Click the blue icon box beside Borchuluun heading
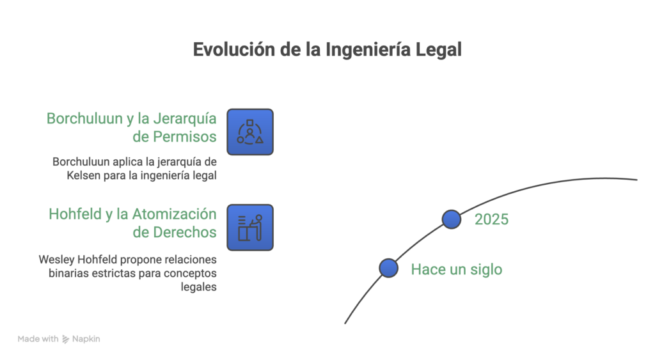(250, 132)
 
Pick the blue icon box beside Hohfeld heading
(250, 228)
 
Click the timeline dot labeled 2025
(452, 219)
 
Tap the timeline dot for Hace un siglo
(388, 268)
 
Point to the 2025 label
(492, 219)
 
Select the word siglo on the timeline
(486, 270)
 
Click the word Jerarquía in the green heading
(185, 119)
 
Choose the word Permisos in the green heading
(185, 137)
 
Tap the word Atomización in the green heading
(174, 214)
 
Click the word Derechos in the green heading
(185, 232)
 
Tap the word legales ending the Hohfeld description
(198, 287)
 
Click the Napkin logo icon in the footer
(66, 339)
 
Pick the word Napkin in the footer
(86, 339)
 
